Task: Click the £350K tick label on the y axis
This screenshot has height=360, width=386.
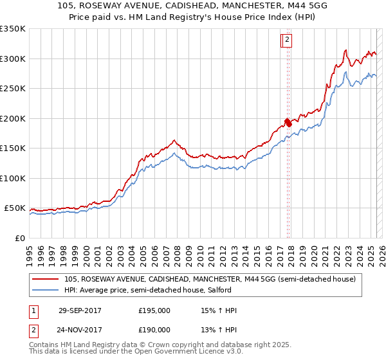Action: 13,29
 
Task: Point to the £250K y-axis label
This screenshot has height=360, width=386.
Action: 13,89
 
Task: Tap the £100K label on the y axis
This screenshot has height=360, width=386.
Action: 13,178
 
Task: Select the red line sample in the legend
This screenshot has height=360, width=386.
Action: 46,279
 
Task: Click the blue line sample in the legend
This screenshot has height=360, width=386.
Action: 46,290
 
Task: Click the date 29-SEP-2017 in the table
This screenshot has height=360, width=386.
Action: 80,310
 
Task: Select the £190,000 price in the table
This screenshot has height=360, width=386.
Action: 154,330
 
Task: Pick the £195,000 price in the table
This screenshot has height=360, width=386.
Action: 154,310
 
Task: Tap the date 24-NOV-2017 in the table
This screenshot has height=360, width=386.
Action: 80,330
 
